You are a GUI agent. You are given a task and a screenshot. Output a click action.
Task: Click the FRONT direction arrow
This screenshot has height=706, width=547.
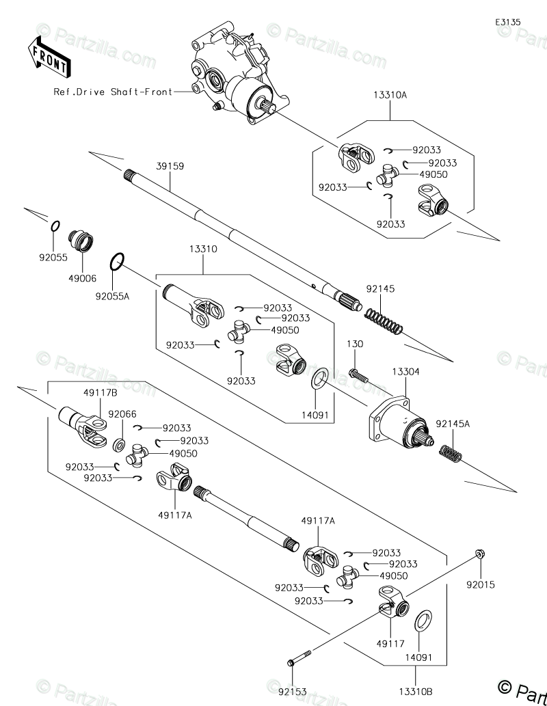tap(48, 57)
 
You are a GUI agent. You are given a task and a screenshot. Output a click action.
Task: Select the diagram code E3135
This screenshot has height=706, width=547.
tap(508, 22)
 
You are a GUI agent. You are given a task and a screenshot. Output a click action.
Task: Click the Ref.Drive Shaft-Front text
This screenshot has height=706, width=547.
tap(114, 92)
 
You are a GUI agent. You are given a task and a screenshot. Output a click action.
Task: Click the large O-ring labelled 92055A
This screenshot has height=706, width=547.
tap(117, 260)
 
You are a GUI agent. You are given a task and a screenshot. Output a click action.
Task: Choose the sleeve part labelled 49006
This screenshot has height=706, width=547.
tap(82, 241)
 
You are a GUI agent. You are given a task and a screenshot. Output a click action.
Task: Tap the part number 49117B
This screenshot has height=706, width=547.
tap(101, 392)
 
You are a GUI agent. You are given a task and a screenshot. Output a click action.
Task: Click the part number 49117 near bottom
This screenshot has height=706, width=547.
tap(390, 643)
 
